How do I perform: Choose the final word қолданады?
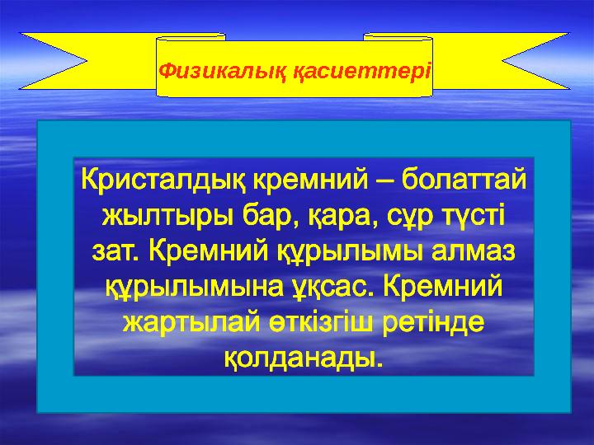(304, 358)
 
